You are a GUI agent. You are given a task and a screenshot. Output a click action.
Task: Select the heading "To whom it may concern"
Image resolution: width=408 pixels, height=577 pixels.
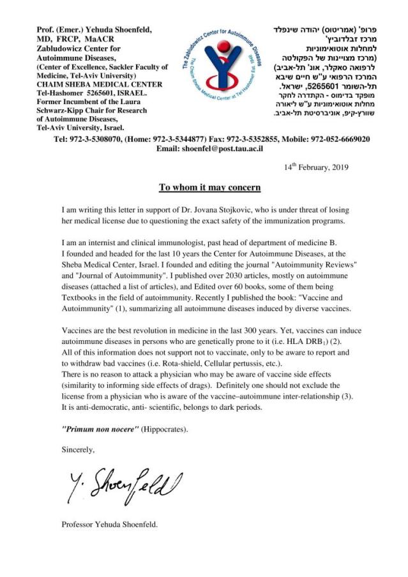209,187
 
